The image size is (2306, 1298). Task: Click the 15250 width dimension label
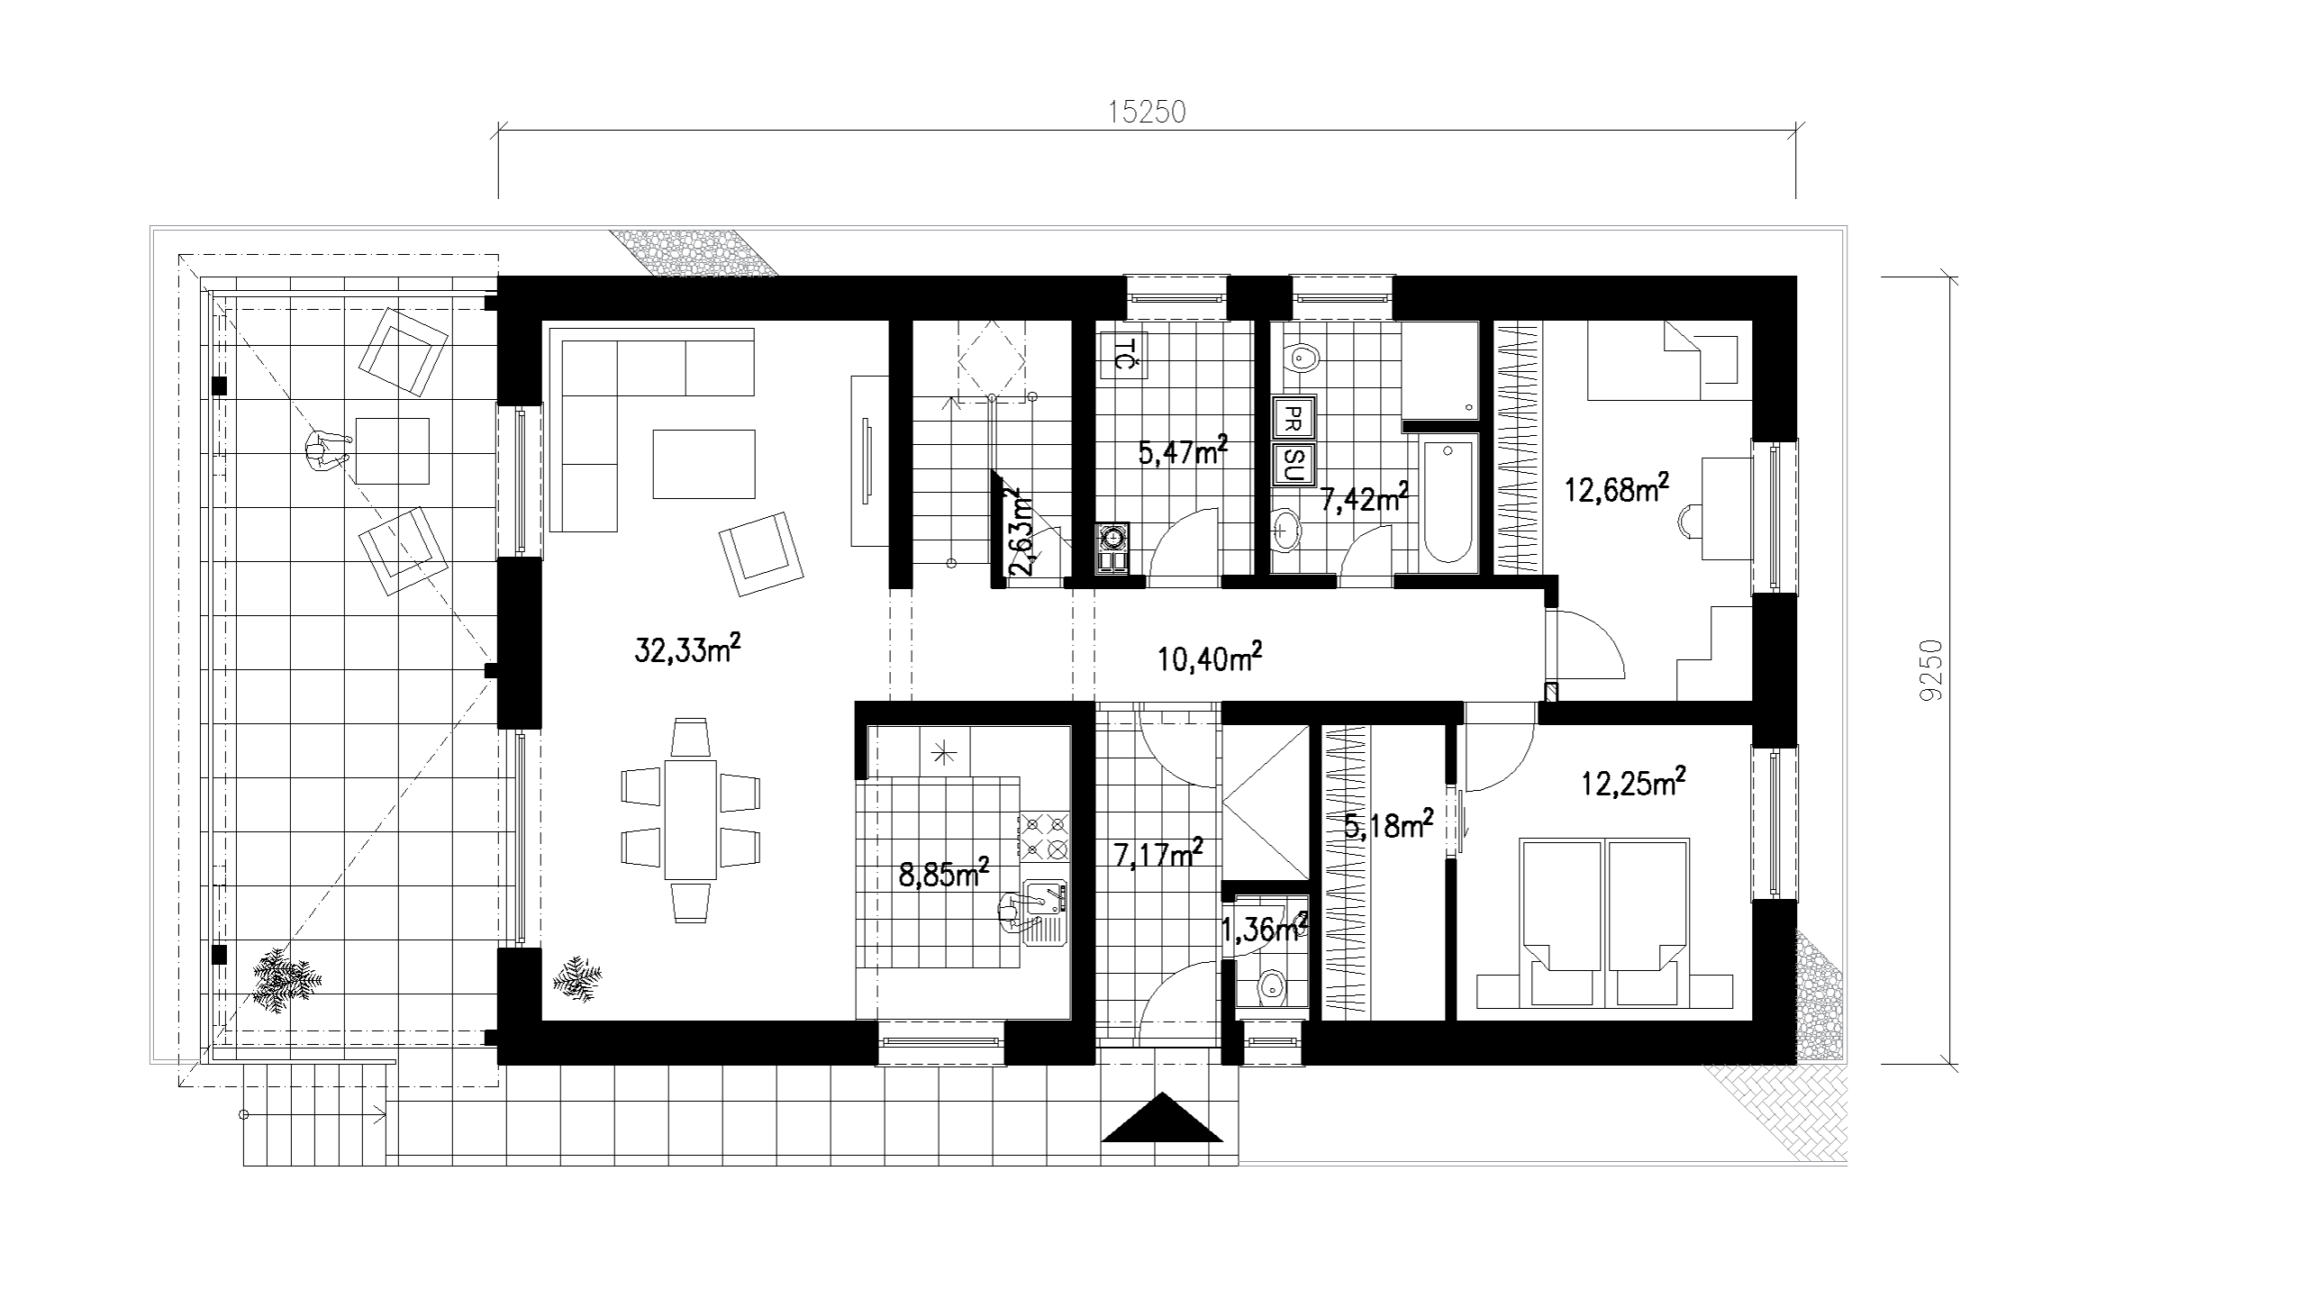click(1147, 112)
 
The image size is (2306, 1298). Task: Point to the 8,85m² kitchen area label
click(945, 873)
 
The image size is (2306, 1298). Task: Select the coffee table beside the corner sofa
click(704, 464)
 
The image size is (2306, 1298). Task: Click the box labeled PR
click(1293, 418)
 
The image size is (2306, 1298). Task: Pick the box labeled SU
click(1293, 465)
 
